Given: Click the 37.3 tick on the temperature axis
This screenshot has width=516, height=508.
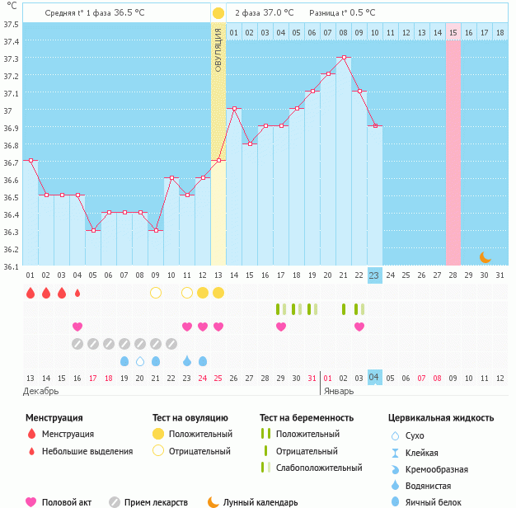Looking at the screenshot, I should pos(12,59).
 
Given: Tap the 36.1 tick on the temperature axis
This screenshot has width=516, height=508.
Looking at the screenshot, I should pos(12,266).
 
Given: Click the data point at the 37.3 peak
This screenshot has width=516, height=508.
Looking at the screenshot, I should pos(344,58).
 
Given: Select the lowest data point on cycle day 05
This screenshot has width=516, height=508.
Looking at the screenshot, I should pos(93,230).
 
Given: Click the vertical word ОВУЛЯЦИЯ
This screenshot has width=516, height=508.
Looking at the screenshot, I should pos(218,49).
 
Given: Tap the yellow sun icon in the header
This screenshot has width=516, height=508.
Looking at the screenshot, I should pos(218,13).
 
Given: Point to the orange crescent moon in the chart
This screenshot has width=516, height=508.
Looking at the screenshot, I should pos(486,257).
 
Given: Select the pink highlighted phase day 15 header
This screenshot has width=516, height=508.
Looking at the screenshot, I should pos(453,32).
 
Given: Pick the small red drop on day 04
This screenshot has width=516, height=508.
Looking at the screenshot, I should pos(77,293).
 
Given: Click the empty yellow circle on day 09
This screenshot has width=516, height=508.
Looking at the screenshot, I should pos(156,293).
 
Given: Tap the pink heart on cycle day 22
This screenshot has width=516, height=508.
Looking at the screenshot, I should pos(359,327).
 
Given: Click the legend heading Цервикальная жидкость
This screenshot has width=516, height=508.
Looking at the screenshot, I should pos(441,417).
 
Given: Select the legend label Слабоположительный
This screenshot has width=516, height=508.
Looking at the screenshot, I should pos(319,468).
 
